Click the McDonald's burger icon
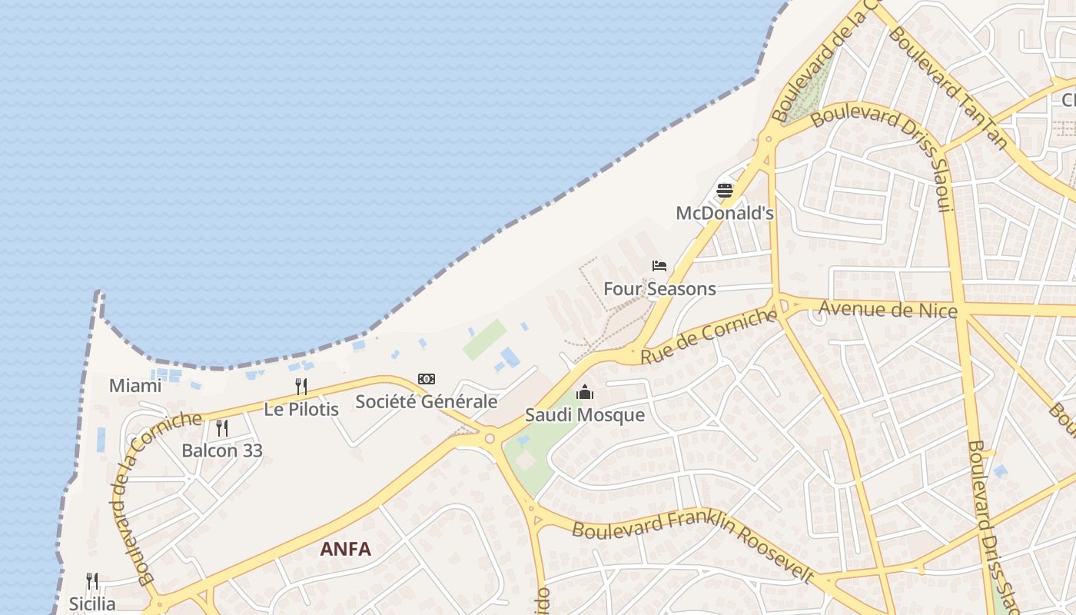pos(725,190)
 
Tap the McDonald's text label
pos(725,213)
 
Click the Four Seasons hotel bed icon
pos(659,266)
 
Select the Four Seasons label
pos(659,289)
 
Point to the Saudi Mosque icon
pos(585,393)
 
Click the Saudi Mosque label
pos(585,415)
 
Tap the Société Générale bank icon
pos(427,379)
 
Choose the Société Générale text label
pos(427,401)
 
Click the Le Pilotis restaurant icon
pos(301,386)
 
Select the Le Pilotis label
pos(301,409)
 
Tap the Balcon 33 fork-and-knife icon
pos(222,427)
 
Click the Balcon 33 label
pos(222,450)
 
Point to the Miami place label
pos(135,385)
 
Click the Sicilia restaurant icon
pos(92,580)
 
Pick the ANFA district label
pos(345,549)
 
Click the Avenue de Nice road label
pos(888,310)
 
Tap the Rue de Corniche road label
pos(709,336)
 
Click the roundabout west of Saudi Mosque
pos(490,439)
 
